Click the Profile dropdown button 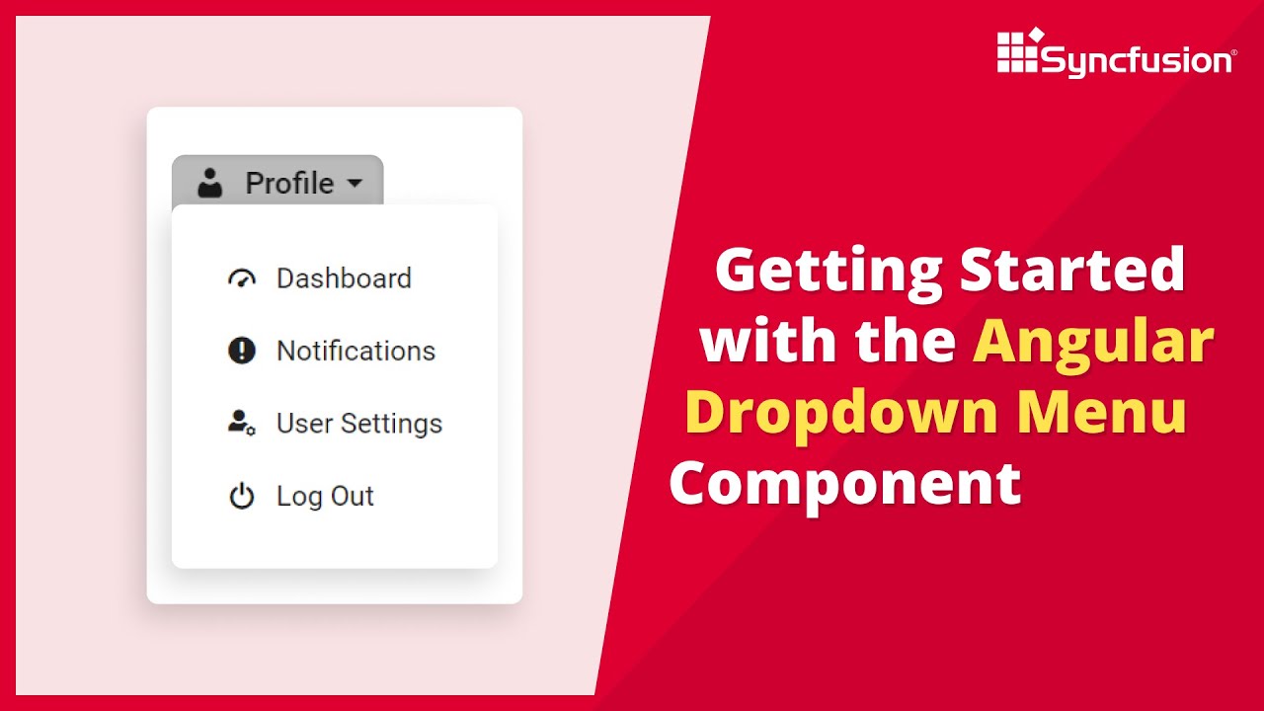click(277, 183)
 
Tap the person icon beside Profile click(209, 183)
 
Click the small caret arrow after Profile click(354, 184)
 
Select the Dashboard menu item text click(344, 278)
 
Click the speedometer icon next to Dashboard click(242, 279)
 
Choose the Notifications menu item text click(355, 351)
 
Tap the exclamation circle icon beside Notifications click(242, 351)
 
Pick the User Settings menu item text click(359, 424)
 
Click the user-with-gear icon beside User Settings click(242, 424)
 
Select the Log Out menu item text click(325, 496)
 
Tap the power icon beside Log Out click(242, 496)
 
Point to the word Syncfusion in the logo click(1137, 61)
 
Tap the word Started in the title click(1072, 269)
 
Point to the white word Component click(845, 485)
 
